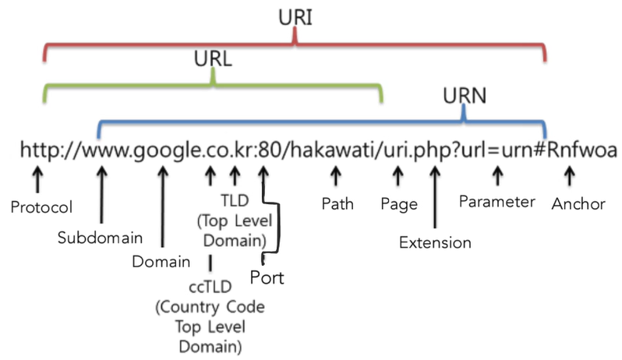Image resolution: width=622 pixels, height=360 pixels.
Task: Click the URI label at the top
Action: coord(295,17)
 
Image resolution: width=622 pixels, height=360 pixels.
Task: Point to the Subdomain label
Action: coord(93,237)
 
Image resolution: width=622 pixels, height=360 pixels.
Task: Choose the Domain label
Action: coord(161,261)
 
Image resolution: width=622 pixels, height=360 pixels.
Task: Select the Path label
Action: coord(338,204)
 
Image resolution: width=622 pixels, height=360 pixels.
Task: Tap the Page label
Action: coord(399,204)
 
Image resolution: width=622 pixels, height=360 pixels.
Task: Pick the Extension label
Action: coord(435,242)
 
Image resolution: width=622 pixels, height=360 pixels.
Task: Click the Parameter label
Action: coord(497,202)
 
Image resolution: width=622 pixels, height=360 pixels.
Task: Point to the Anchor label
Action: coord(578,204)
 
